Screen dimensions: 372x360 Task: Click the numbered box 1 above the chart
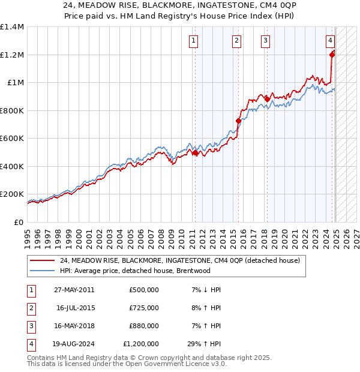click(194, 41)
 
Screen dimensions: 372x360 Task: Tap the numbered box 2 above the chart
click(237, 41)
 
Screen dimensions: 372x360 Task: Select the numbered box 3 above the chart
click(265, 41)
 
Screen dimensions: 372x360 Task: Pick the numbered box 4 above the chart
click(331, 41)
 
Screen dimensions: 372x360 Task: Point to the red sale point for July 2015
click(238, 121)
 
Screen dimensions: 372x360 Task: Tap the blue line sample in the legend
click(43, 271)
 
